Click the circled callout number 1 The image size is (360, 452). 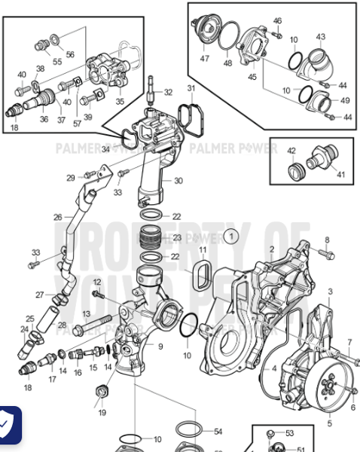pos(232,236)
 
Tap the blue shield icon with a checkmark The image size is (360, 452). pos(8,426)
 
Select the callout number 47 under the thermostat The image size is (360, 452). pos(205,57)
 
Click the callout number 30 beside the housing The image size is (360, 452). pos(178,181)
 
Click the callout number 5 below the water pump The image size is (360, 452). pos(329,423)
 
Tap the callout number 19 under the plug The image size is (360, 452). pos(102,413)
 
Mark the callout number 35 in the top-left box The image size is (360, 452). pos(119,100)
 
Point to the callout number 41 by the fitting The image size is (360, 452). pos(340,175)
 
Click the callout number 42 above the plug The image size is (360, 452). pos(291,150)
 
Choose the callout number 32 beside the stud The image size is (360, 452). pos(167,92)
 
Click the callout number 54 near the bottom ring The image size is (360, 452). pos(218,432)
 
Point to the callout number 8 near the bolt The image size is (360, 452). pos(327,240)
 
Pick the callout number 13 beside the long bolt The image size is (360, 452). pos(86,313)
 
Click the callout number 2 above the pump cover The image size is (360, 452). pos(271,249)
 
